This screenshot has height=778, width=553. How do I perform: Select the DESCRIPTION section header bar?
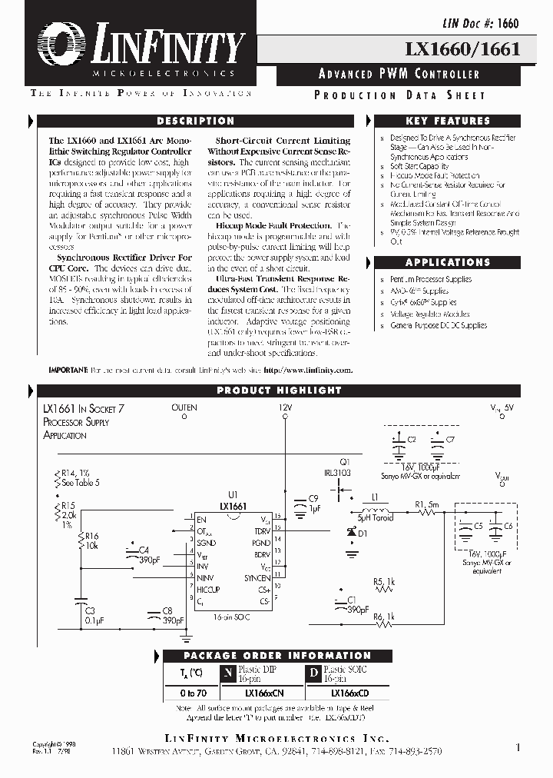(195, 121)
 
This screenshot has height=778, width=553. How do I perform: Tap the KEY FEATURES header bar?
(447, 121)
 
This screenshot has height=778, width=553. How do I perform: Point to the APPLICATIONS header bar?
(447, 262)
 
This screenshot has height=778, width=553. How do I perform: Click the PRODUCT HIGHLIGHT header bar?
(278, 391)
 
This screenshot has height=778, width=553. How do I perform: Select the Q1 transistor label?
(343, 461)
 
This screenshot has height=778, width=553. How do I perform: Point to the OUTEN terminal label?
(184, 407)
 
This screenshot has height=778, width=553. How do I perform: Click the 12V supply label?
(285, 407)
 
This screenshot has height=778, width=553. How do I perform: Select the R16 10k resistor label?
(92, 540)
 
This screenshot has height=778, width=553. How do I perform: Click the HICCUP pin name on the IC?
(207, 590)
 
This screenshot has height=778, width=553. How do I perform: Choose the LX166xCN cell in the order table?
(263, 693)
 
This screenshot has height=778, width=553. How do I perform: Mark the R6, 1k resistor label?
(383, 617)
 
